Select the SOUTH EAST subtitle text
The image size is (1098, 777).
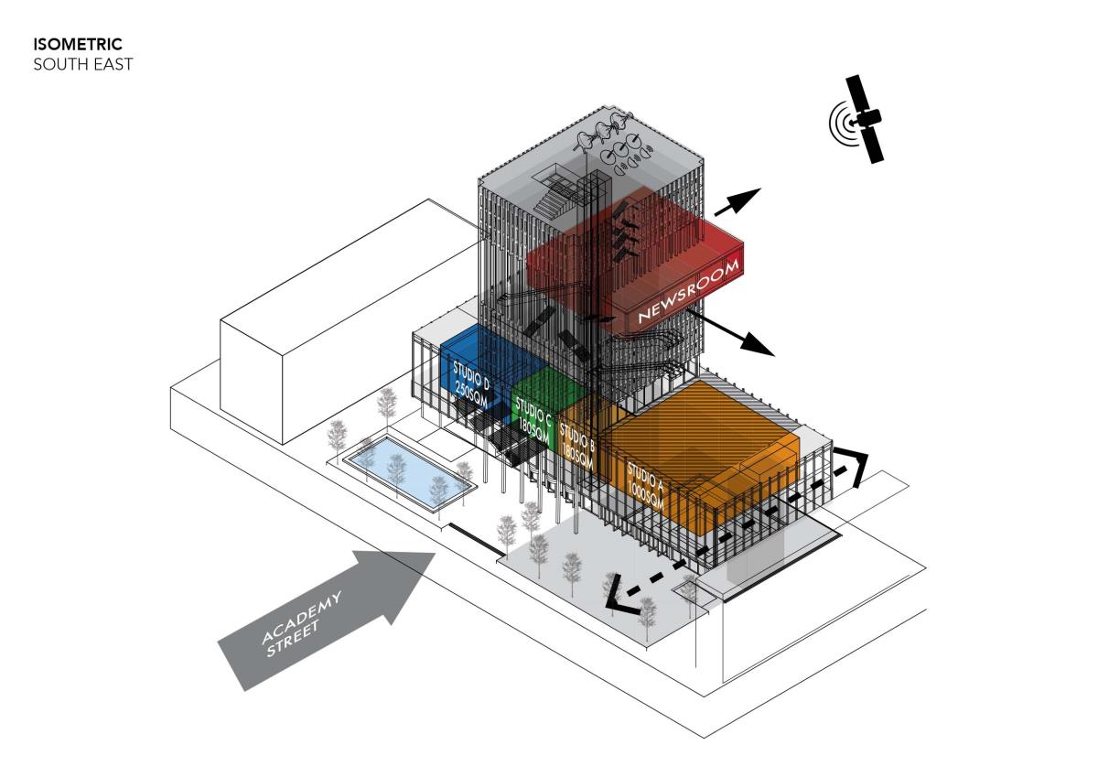coord(82,64)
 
